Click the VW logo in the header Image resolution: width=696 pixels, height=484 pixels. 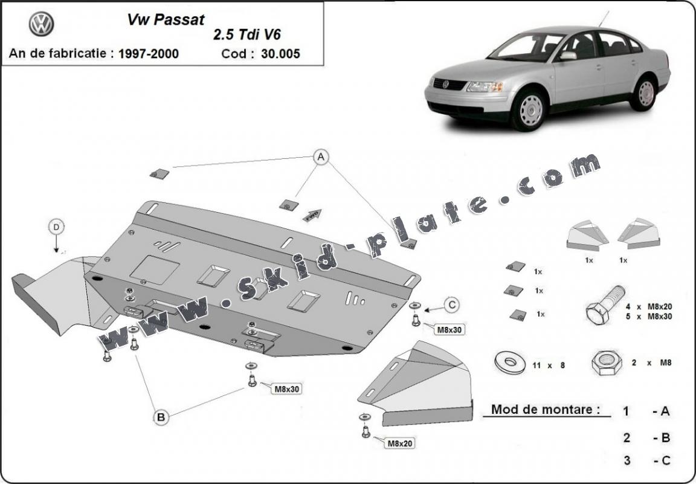click(x=41, y=24)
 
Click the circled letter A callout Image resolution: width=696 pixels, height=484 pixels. click(x=321, y=157)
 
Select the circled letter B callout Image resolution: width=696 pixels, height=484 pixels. click(x=161, y=416)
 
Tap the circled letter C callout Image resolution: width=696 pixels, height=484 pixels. click(x=451, y=305)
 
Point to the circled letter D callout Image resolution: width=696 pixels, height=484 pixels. click(x=56, y=227)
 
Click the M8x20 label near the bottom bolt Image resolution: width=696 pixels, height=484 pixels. click(x=399, y=444)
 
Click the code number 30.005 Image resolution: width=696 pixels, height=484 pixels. click(x=280, y=54)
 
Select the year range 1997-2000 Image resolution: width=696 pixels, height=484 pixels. click(x=148, y=54)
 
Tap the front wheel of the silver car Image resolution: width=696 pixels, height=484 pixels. click(x=529, y=109)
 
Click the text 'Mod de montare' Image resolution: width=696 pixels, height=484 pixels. click(x=546, y=409)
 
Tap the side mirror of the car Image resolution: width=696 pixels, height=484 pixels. click(x=567, y=56)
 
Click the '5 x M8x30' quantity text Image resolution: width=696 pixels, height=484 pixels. click(x=649, y=316)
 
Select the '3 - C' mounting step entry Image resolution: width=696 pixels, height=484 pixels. click(x=646, y=460)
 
